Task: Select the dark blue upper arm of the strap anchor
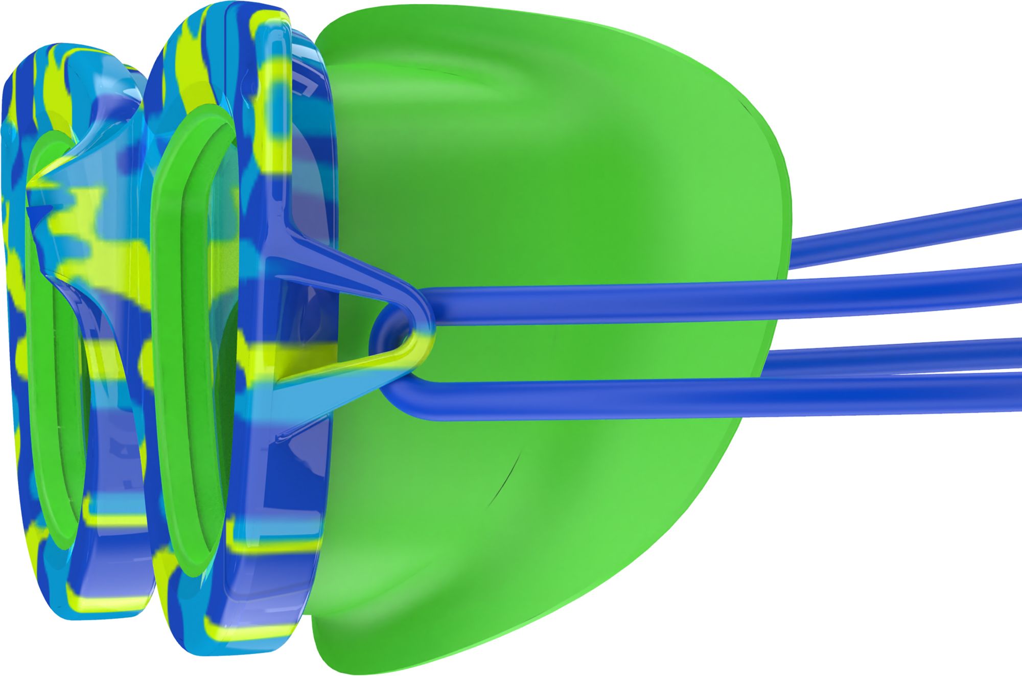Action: click(x=337, y=266)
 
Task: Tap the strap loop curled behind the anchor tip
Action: click(x=381, y=327)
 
